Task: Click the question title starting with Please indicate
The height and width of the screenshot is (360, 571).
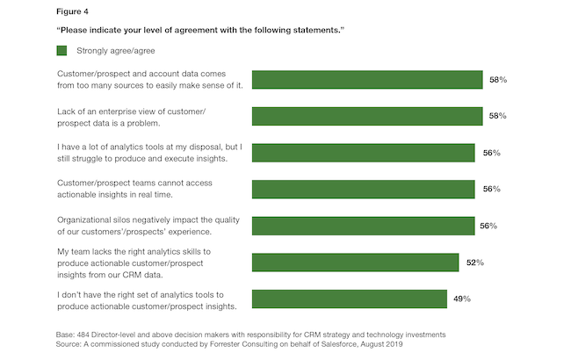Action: click(x=199, y=31)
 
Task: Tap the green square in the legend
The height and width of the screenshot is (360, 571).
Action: click(x=61, y=51)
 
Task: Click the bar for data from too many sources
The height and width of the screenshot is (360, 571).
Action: click(x=367, y=80)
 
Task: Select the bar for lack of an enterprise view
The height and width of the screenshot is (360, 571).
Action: click(x=367, y=116)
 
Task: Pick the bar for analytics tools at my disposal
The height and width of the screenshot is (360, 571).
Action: click(x=364, y=153)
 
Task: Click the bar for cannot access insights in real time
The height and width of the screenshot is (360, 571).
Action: click(x=364, y=189)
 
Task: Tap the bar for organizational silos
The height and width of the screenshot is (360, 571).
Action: click(x=364, y=226)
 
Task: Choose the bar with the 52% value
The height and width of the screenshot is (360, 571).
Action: click(x=355, y=263)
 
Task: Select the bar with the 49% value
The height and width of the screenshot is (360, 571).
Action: click(x=349, y=299)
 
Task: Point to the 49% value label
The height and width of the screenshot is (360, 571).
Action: click(x=462, y=299)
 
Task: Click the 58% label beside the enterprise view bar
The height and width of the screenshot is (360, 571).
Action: click(x=498, y=116)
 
